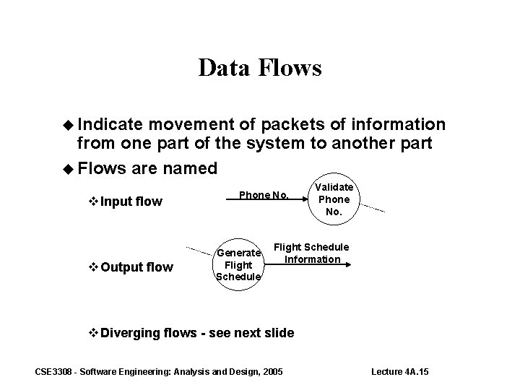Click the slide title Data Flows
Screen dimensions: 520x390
pos(259,68)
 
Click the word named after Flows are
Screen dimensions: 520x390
pos(183,169)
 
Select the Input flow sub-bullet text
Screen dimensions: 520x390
pos(131,201)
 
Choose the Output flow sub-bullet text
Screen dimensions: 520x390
pos(136,268)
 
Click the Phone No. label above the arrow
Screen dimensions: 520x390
pos(264,195)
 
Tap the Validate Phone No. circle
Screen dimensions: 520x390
pos(334,199)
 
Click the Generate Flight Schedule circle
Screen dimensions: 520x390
pos(239,265)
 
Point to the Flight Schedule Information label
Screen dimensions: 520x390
pos(311,253)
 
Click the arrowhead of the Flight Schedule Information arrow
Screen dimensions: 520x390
pos(348,265)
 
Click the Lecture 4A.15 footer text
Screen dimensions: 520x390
pos(399,371)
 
